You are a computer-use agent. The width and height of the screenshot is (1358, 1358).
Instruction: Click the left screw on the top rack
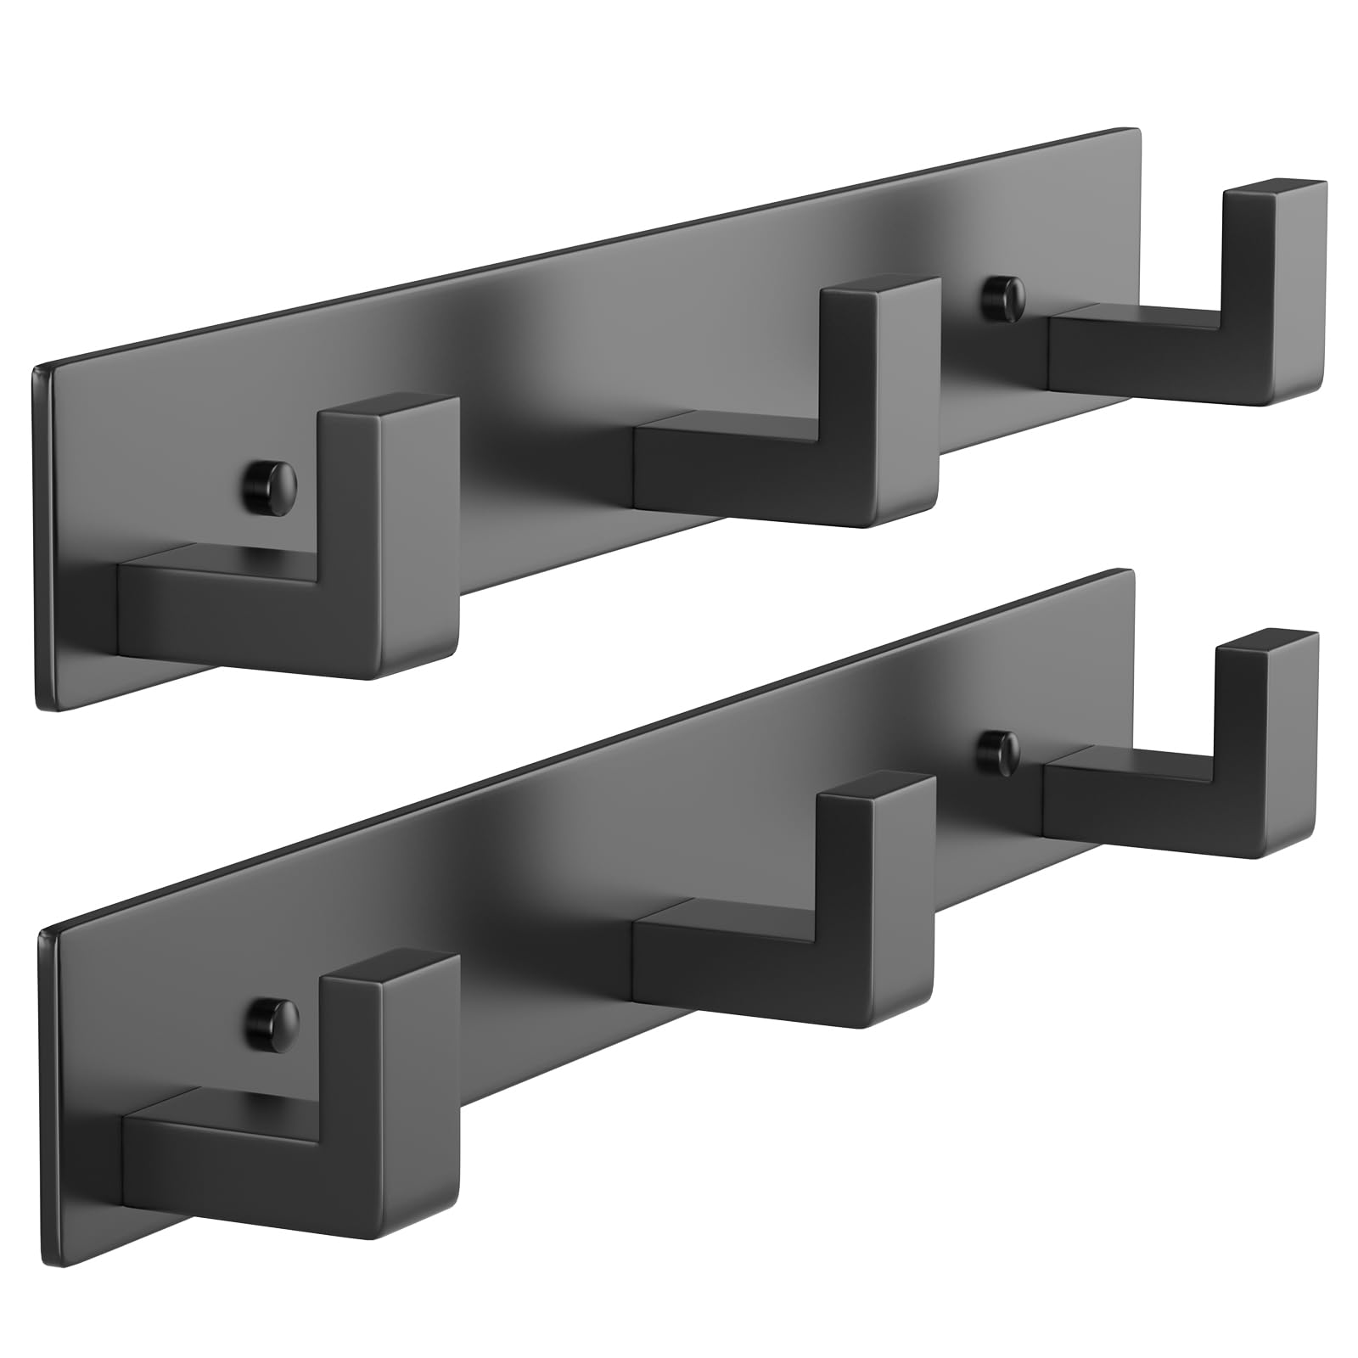[270, 485]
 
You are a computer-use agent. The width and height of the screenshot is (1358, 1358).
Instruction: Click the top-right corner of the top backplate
[1137, 129]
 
